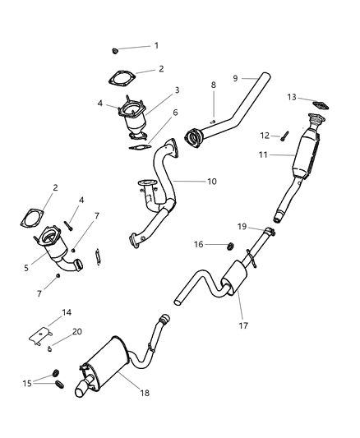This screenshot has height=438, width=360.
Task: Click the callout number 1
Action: [x=156, y=45]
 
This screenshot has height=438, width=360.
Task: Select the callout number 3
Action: [x=176, y=90]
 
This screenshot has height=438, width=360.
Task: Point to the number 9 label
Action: [x=235, y=77]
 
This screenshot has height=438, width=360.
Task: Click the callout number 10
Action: [x=212, y=181]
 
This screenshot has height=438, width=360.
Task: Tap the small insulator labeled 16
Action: [x=230, y=245]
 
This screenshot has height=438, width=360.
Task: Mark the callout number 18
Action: [x=145, y=394]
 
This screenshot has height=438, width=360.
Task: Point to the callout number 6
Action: [x=174, y=113]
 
